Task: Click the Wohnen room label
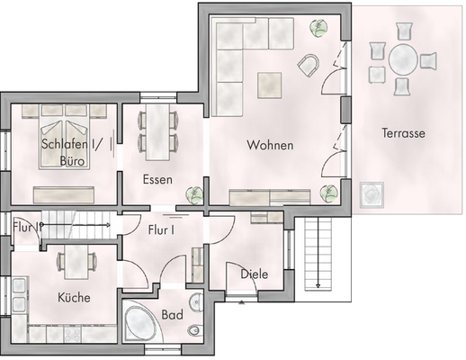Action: (271, 144)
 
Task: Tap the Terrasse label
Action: (402, 133)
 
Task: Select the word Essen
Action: (157, 179)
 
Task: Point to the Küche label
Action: (74, 297)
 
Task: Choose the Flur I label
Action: (160, 229)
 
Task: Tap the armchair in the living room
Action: (309, 65)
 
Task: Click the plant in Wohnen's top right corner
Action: (318, 28)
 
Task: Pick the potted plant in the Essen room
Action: (193, 193)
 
